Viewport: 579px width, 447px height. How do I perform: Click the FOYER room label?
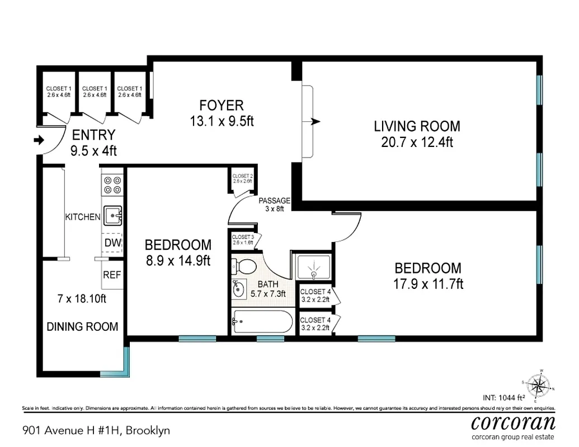coord(222,105)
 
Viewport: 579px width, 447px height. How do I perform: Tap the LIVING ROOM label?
coord(417,126)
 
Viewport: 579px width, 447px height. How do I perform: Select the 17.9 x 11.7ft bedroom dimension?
coord(428,284)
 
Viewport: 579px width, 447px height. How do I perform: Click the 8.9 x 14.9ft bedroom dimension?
coord(177,260)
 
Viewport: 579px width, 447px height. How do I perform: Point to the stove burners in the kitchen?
coord(112,185)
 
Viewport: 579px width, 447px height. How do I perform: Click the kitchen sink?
coord(113,214)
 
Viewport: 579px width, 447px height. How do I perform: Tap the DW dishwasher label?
coord(112,242)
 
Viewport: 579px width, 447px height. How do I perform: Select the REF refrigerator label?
coord(112,275)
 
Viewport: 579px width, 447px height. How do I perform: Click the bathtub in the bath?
coord(262,322)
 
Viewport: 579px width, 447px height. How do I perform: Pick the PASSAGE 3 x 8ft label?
coord(274,205)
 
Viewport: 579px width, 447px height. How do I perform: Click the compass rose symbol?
coord(539,384)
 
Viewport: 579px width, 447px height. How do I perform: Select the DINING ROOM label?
coord(82,327)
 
